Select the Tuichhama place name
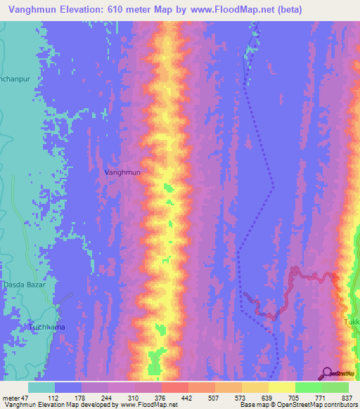click(x=46, y=327)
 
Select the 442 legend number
click(x=188, y=398)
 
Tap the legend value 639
click(x=268, y=398)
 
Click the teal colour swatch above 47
click(x=41, y=387)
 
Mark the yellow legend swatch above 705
click(x=282, y=387)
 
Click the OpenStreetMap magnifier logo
click(x=328, y=373)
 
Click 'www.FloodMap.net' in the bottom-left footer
click(x=148, y=405)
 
